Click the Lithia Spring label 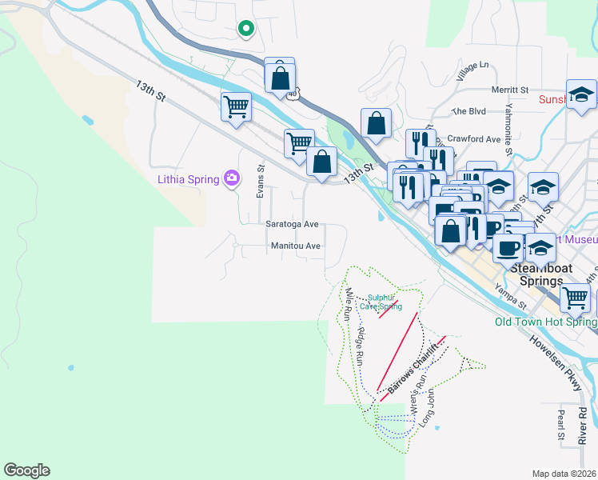[x=186, y=178]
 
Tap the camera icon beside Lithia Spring [x=232, y=178]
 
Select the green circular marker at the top [x=246, y=30]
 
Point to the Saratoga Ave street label [x=293, y=225]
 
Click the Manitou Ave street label [x=295, y=246]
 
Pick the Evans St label [x=261, y=182]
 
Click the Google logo [x=27, y=470]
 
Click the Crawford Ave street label [x=473, y=138]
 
